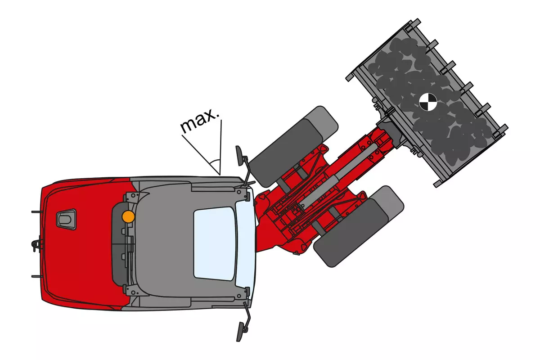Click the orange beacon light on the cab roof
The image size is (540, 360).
(129, 216)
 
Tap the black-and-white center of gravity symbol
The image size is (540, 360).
(428, 102)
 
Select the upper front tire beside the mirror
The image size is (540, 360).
(293, 146)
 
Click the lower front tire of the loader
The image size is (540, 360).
(359, 226)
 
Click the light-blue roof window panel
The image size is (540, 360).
(215, 243)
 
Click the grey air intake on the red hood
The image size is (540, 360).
(66, 219)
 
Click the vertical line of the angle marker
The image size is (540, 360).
(220, 147)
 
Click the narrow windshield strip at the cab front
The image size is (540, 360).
(245, 243)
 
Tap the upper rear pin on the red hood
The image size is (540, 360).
(37, 212)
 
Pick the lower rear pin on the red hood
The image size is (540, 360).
(37, 276)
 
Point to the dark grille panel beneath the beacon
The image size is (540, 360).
(119, 243)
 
